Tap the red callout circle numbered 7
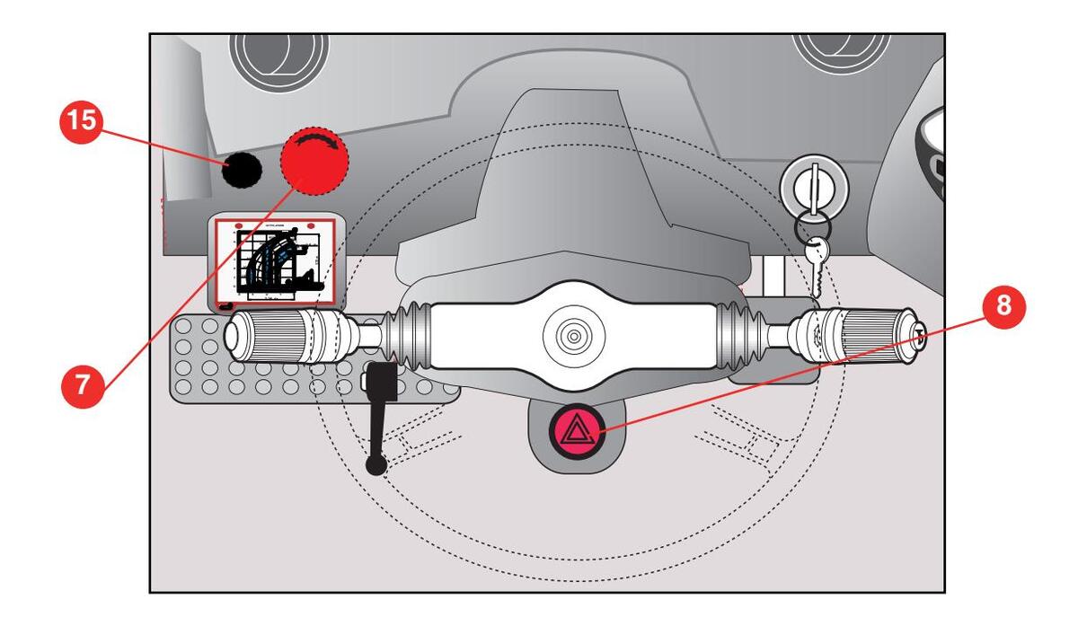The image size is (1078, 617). pyautogui.click(x=81, y=384)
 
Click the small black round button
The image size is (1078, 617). pyautogui.click(x=242, y=169)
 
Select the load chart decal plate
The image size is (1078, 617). pyautogui.click(x=275, y=262)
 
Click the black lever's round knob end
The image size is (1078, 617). pyautogui.click(x=376, y=464)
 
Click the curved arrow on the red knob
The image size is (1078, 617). pyautogui.click(x=319, y=143)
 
